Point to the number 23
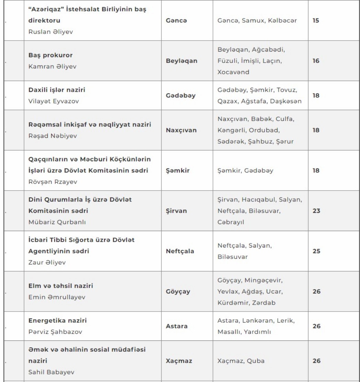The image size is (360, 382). pyautogui.click(x=316, y=211)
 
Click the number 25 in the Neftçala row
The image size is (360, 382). pyautogui.click(x=316, y=251)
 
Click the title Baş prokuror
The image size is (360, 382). pyautogui.click(x=47, y=55)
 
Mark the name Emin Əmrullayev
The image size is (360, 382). pyautogui.click(x=52, y=297)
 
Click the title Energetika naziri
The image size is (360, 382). pyautogui.click(x=57, y=321)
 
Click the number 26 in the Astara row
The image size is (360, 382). pyautogui.click(x=316, y=326)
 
